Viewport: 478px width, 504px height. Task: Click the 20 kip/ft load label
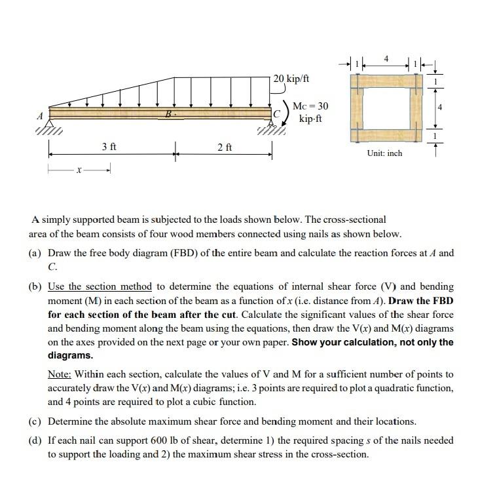point(292,79)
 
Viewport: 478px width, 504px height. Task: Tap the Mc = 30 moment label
point(310,106)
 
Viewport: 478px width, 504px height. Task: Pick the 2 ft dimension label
point(224,147)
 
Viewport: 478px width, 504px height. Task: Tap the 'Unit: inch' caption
point(385,153)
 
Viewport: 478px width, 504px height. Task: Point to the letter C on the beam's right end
point(278,113)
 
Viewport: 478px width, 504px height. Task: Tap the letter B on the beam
point(169,114)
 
